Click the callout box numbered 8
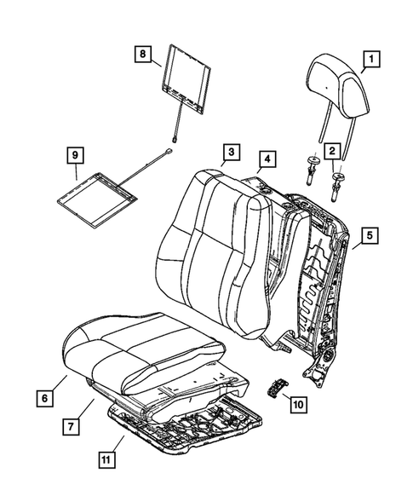[144, 54]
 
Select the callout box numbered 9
[75, 156]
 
